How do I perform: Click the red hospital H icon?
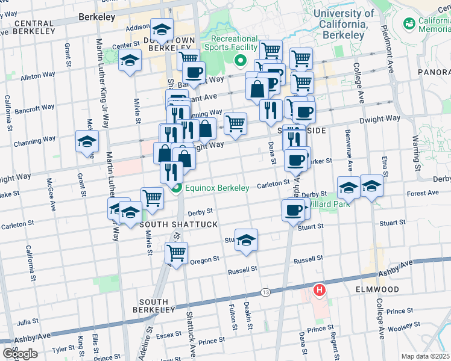320,291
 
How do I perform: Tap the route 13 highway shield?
265,292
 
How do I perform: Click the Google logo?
20,353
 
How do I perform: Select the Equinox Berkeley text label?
217,188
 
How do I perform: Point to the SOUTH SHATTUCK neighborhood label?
169,224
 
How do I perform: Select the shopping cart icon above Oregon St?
176,253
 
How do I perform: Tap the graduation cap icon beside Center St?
130,60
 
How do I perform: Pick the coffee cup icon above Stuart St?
293,210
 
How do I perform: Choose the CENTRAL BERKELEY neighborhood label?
29,28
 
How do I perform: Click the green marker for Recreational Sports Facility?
240,60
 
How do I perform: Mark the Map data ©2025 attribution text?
425,356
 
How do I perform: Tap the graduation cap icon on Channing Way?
87,141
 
